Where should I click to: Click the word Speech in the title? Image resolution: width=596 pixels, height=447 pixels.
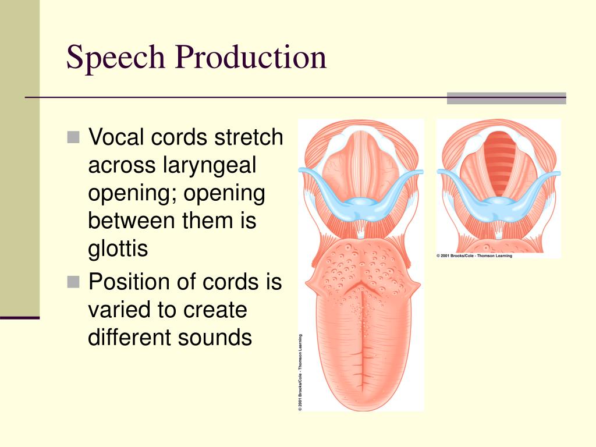116,58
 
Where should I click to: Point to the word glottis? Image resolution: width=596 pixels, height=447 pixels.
118,249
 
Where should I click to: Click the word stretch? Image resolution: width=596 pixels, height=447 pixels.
249,137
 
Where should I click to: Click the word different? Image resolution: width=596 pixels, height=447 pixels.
130,337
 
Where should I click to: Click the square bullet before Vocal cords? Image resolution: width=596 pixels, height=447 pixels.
73,137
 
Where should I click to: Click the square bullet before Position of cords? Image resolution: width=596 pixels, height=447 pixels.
73,282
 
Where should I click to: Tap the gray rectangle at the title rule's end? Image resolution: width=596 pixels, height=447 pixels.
506,98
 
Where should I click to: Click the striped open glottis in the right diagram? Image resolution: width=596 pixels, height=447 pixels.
499,163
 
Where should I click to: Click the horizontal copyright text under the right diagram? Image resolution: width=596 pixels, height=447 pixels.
474,256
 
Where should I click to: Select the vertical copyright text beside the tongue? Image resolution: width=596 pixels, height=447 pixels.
300,372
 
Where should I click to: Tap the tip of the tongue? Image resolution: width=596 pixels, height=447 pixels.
361,410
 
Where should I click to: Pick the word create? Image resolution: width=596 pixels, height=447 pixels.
215,310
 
